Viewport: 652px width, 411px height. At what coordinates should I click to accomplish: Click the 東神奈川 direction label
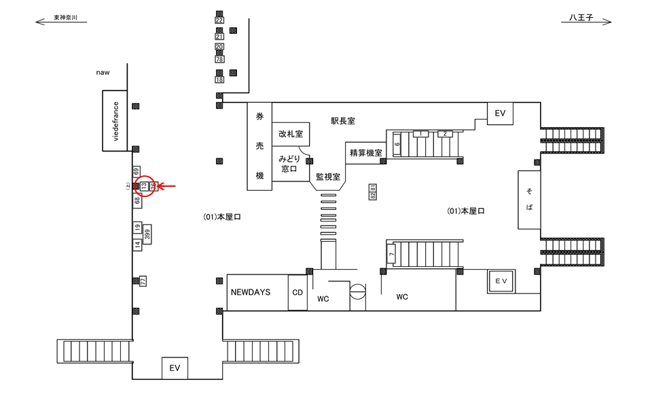tap(71, 18)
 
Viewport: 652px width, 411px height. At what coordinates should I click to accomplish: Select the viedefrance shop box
tap(115, 121)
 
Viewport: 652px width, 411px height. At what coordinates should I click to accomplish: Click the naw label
tap(103, 73)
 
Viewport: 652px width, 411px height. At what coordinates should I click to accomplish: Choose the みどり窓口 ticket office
tap(290, 163)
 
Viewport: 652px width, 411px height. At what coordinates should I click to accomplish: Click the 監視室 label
tap(328, 176)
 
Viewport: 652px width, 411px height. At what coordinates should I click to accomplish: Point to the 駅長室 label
tap(343, 121)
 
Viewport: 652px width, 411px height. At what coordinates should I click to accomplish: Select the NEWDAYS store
tap(250, 292)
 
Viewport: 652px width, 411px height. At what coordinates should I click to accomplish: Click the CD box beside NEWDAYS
tap(297, 293)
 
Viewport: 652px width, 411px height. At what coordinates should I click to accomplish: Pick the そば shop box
tap(529, 200)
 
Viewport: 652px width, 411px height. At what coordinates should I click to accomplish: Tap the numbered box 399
tap(147, 234)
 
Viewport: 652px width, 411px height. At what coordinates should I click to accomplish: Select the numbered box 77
tap(143, 280)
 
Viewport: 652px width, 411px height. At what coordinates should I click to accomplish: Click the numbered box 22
tap(219, 20)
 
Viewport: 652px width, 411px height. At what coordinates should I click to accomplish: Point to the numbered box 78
tap(219, 60)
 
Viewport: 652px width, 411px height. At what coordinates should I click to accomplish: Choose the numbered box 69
tap(137, 172)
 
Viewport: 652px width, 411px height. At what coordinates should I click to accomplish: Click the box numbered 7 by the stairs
tap(391, 255)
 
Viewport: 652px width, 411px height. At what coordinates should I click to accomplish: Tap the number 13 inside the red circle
tap(144, 185)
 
